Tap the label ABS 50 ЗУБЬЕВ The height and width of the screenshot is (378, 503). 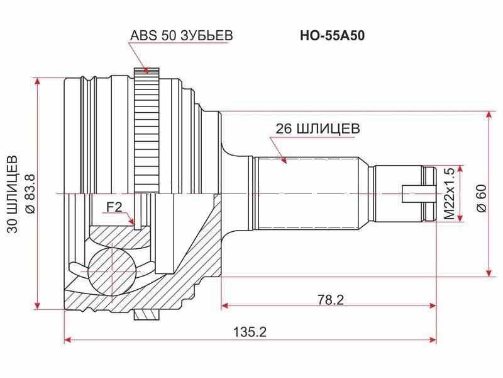point(181,36)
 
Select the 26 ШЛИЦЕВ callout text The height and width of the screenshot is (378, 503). point(318,128)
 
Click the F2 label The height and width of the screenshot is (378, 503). point(113,206)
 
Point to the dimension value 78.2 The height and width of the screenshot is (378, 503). point(331,299)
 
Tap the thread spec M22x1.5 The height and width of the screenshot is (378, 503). point(449,193)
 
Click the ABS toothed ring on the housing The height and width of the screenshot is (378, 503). point(148,132)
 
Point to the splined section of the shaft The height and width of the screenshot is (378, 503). point(308,192)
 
